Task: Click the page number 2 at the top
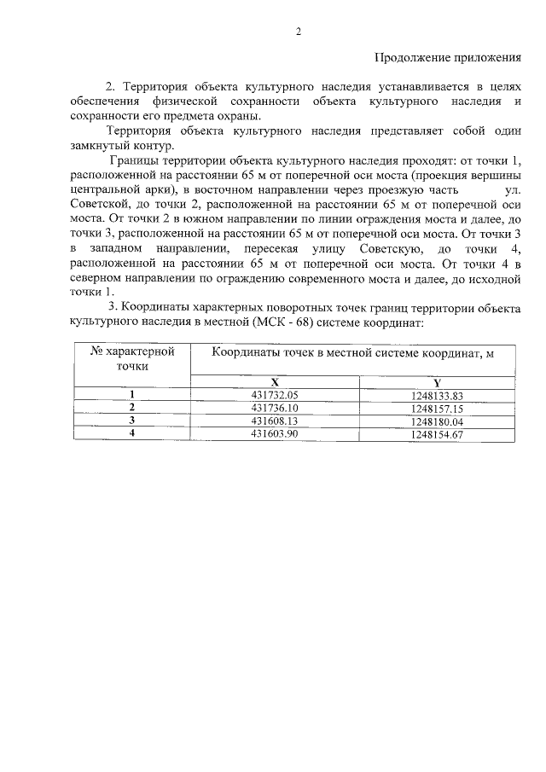(299, 32)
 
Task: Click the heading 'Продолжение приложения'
(448, 58)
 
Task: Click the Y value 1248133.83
(436, 395)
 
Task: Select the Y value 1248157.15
(436, 408)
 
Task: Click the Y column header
(436, 381)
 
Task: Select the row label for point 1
(132, 394)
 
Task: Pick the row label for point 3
(132, 421)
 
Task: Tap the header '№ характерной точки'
(132, 357)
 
